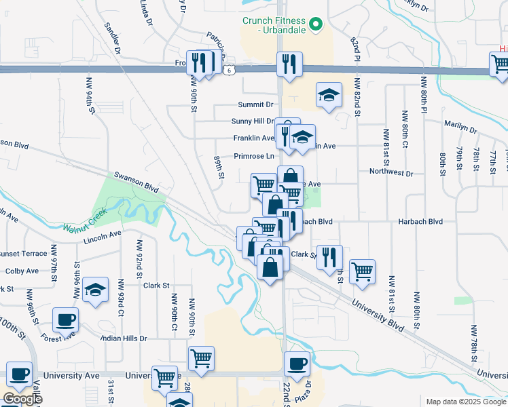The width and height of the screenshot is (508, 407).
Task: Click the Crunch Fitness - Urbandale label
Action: pos(274,26)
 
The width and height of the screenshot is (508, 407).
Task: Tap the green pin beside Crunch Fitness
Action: pos(315,25)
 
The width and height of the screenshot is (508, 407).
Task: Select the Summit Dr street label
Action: pos(255,104)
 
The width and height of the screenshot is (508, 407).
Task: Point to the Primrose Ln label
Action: pos(253,156)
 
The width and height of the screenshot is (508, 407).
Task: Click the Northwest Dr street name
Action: pos(391,173)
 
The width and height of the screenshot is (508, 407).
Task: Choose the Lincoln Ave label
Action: pos(102,235)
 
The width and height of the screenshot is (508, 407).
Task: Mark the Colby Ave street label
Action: pos(22,271)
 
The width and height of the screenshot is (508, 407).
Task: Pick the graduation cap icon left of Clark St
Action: pos(96,289)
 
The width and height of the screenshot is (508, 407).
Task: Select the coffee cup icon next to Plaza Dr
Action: pos(297,363)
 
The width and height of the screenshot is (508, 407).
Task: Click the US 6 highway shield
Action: pos(231,70)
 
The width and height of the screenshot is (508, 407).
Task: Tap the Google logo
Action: pos(22,399)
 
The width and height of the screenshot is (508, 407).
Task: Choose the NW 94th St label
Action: pos(89,94)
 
